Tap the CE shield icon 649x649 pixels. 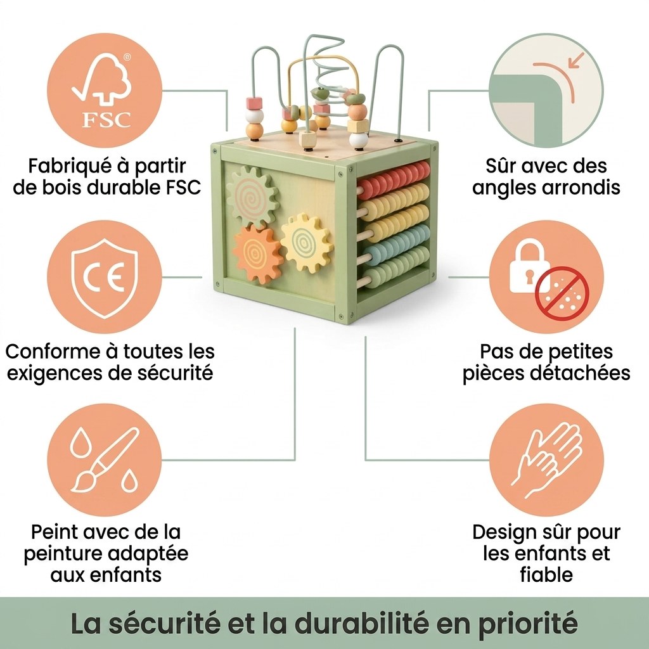[x=104, y=278]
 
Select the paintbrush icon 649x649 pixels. [x=104, y=459]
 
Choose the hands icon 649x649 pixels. [x=546, y=459]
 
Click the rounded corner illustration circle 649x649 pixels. [x=546, y=90]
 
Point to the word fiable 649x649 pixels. [x=546, y=575]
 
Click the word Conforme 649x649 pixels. [x=53, y=352]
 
